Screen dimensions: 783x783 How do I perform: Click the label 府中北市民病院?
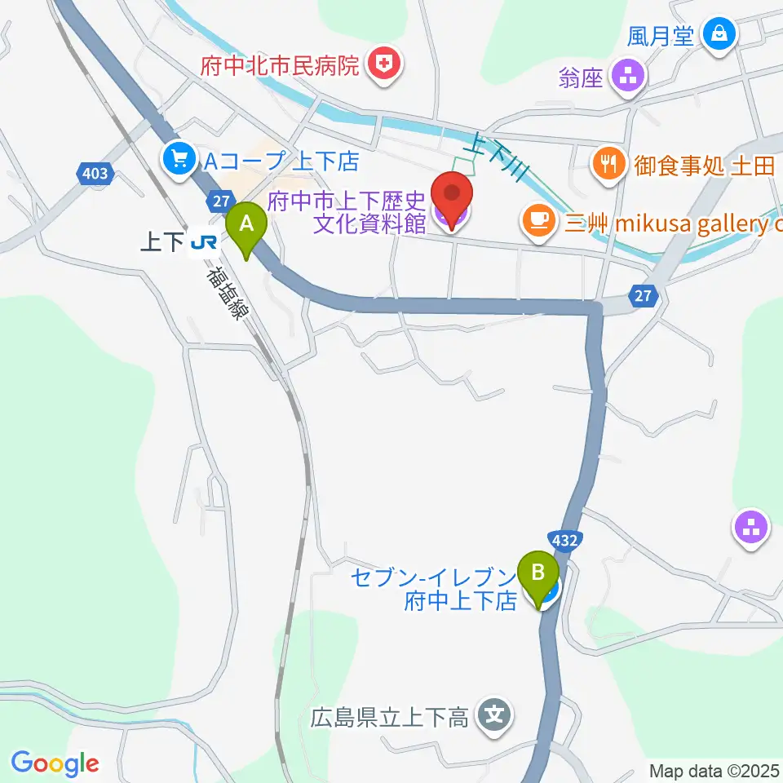click(x=280, y=65)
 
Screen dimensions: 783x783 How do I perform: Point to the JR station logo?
click(x=203, y=242)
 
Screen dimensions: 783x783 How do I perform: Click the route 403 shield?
click(x=95, y=173)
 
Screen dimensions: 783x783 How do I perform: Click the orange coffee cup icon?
click(x=537, y=219)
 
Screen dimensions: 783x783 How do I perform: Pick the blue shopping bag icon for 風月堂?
click(x=721, y=34)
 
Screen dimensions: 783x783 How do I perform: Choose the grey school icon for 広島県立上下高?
click(x=493, y=717)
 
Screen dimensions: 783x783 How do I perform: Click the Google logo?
click(x=55, y=763)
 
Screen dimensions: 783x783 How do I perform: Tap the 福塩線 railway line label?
click(x=226, y=292)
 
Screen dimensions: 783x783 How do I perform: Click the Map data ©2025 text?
click(x=714, y=771)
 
